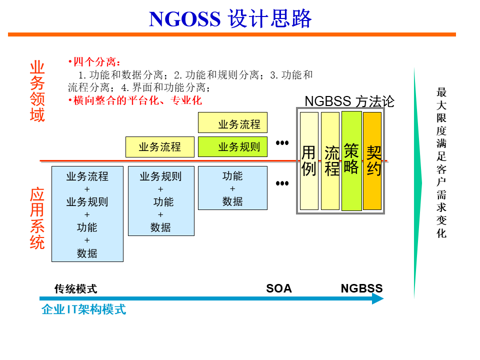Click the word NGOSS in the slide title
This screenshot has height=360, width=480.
point(184,19)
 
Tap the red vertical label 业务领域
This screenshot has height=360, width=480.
point(37,91)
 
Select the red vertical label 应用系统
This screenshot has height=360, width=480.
point(37,219)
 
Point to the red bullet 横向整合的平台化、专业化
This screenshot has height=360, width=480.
point(135,100)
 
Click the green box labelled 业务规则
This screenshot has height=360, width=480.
point(232,147)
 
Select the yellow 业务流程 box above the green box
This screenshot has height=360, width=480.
point(232,123)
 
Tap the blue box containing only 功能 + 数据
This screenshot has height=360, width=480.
point(232,188)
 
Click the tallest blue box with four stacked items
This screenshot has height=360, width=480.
point(87,214)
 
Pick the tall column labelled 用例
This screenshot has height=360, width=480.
point(309,161)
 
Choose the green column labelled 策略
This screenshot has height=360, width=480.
point(351,161)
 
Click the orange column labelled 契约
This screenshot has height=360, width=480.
point(372,161)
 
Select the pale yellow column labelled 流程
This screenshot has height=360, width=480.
point(330,161)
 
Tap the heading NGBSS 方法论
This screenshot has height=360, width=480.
point(349,101)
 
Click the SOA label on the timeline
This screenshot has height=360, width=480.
point(279,288)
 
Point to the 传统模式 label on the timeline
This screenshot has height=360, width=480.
point(75,288)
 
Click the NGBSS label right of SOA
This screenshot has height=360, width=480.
point(361,288)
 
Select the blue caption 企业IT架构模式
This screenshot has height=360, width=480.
point(83,309)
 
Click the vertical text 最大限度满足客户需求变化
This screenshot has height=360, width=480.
point(441,162)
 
